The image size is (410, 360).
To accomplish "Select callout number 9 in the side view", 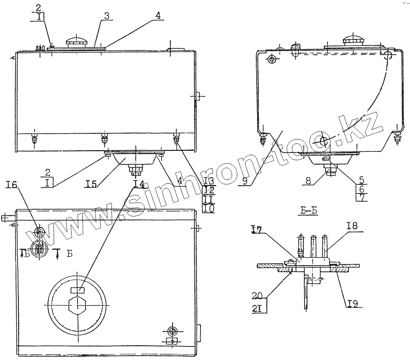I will [x=245, y=181].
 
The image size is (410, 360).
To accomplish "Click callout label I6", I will [x=12, y=186].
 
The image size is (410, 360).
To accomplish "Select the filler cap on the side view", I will [x=353, y=40].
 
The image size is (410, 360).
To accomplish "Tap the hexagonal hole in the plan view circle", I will [x=78, y=305].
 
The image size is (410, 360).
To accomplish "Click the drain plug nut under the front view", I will [x=135, y=169].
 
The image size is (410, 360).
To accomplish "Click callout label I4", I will [x=139, y=184].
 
